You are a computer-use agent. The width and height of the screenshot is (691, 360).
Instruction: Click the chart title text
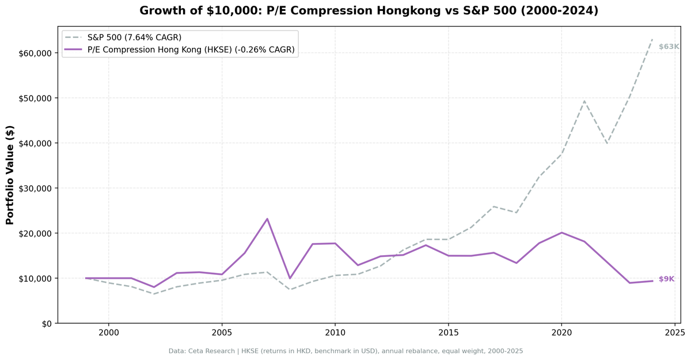point(369,10)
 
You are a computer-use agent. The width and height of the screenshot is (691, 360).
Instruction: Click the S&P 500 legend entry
point(134,37)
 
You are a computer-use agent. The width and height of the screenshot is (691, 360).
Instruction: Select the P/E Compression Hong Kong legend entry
point(191,50)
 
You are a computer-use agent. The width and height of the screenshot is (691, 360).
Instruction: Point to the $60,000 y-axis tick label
point(35,53)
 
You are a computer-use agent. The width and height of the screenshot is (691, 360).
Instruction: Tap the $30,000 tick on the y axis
point(35,188)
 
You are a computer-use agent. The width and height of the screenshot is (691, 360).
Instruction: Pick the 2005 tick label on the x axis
point(222,332)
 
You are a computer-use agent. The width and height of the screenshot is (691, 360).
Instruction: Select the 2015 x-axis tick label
point(448,332)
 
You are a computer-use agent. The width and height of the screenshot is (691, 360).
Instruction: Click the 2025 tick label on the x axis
point(674,332)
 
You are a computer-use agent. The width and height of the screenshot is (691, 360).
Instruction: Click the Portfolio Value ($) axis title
point(10,175)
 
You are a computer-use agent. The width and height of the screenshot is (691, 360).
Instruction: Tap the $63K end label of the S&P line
point(669,47)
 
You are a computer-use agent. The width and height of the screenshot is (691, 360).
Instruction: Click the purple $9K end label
point(666,279)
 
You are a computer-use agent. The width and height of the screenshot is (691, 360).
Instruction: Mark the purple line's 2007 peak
point(267,219)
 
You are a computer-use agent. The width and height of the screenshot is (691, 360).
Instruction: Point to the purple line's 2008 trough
point(290,279)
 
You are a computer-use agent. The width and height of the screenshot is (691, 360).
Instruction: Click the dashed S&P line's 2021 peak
point(584,101)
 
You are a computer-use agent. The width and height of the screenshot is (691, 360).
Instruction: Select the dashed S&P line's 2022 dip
point(607,143)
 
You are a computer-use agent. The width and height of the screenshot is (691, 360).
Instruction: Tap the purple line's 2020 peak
point(561,233)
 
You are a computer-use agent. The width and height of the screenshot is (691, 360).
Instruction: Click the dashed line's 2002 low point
point(154,294)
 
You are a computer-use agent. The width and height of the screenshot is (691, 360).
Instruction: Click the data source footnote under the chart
point(345,351)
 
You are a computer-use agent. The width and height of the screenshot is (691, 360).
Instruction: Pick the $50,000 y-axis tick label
point(35,98)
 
